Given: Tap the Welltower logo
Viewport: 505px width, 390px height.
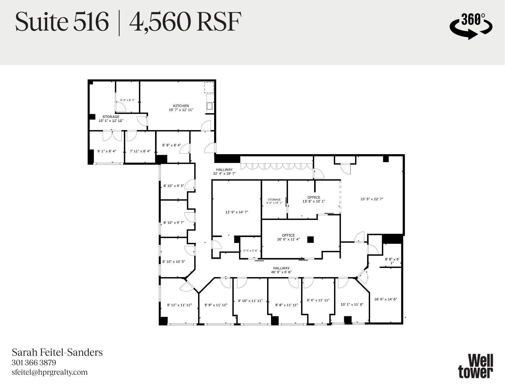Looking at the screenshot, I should (476, 366).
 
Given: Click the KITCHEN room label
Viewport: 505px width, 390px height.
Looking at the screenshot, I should (181, 106).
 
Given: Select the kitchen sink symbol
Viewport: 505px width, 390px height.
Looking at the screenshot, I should (210, 106).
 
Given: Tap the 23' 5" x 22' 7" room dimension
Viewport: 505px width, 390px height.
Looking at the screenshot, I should (372, 199).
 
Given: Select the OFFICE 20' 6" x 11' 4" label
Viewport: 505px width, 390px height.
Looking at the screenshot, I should (288, 237).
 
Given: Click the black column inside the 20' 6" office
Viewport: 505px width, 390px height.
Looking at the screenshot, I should (311, 240).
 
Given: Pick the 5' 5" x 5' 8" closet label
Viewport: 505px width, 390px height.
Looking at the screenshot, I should (250, 251).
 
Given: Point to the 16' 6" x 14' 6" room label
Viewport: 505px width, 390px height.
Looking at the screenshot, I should (385, 299).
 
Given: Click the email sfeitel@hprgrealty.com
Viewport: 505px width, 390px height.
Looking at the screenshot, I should (50, 372).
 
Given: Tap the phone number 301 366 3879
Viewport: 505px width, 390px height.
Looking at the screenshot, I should (34, 363).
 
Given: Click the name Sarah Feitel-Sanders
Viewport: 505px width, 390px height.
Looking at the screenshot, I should (57, 352).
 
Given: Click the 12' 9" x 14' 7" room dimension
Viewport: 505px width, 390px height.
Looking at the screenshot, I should (236, 212).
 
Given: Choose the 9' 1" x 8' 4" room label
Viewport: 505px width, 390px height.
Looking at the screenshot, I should (106, 151).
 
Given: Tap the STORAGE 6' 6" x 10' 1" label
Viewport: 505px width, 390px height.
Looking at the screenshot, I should (274, 201).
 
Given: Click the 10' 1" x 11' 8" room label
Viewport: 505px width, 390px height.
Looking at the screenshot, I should (352, 304).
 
